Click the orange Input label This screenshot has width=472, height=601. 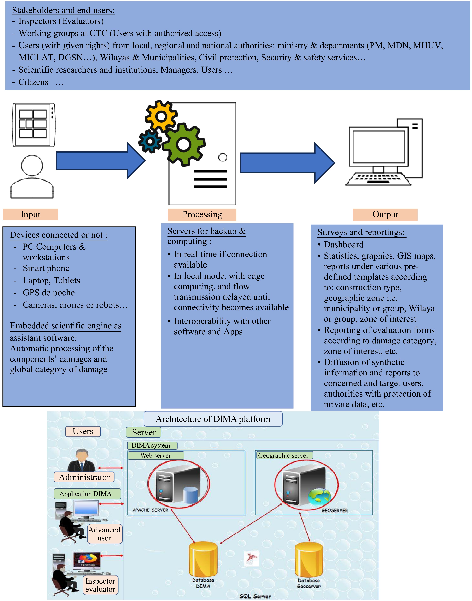point(30,214)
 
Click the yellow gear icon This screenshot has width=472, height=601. point(161,116)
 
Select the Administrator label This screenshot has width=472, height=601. point(84,477)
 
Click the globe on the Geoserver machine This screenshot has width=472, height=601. point(319,496)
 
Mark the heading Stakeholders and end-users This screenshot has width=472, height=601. point(63,10)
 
